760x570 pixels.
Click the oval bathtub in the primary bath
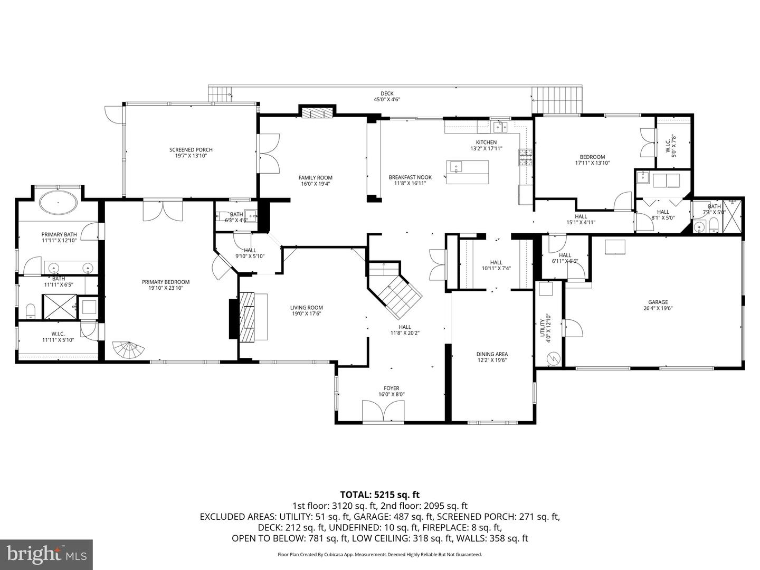coord(58,203)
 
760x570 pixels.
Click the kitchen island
coord(467,172)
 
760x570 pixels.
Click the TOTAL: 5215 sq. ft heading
coord(379,495)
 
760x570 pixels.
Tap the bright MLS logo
coord(46,554)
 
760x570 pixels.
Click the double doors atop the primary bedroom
coord(163,211)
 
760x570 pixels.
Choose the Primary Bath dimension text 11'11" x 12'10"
coord(59,240)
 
